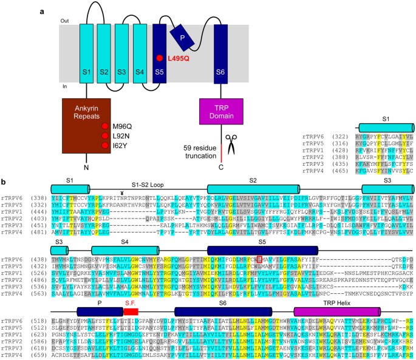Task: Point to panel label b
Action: [x=4, y=181]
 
